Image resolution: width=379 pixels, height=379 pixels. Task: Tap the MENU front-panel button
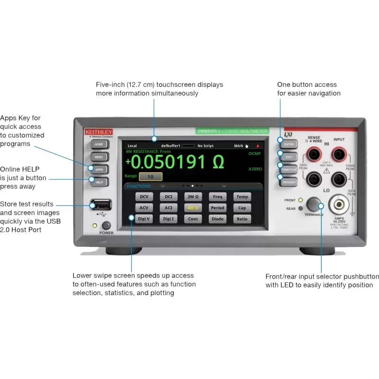99,157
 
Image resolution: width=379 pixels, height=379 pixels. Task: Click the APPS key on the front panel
99,169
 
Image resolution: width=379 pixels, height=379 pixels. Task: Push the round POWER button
106,226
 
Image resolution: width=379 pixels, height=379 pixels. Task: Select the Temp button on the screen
242,197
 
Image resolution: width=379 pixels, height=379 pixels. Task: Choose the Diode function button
217,219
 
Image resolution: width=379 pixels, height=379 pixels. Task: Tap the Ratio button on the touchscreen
242,219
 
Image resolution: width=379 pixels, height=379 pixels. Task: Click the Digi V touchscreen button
144,219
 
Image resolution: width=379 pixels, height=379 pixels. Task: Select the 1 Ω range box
150,176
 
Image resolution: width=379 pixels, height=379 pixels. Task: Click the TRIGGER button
289,182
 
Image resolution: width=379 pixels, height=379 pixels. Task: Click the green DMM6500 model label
232,131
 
